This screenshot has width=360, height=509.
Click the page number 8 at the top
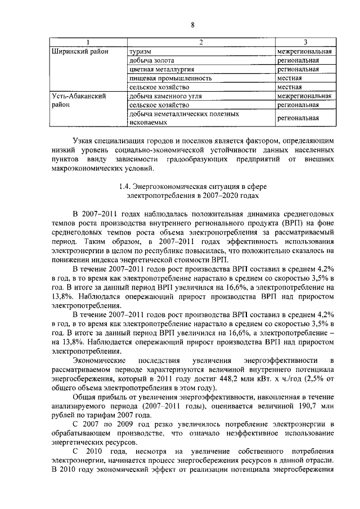192,25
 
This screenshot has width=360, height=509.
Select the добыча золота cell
151,60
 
